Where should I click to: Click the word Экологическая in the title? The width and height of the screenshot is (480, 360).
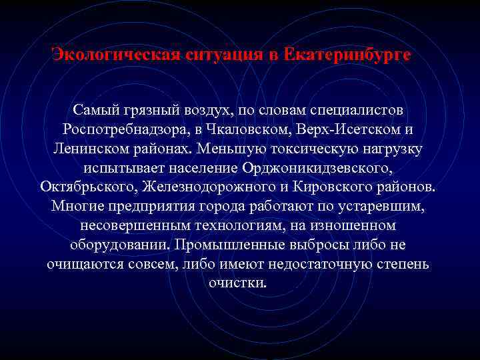[x=113, y=54]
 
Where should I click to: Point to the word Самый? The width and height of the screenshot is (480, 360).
[x=95, y=108]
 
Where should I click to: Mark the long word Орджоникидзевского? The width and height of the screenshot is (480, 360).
[x=316, y=166]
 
